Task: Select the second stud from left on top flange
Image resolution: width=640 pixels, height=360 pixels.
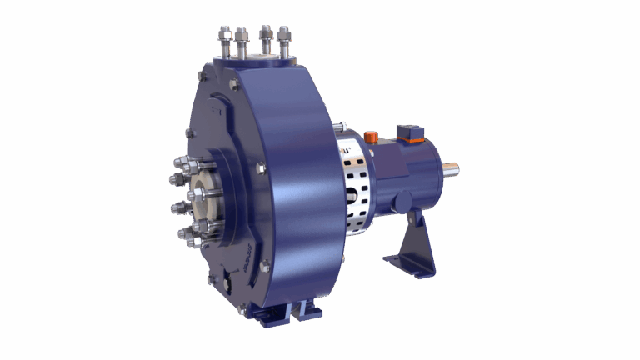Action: (x=242, y=39)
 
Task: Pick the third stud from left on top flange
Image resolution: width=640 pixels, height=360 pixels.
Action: (x=266, y=38)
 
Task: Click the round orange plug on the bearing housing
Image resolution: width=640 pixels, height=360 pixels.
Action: (x=371, y=135)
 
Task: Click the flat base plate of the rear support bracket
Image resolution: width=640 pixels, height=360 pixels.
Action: (x=408, y=266)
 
